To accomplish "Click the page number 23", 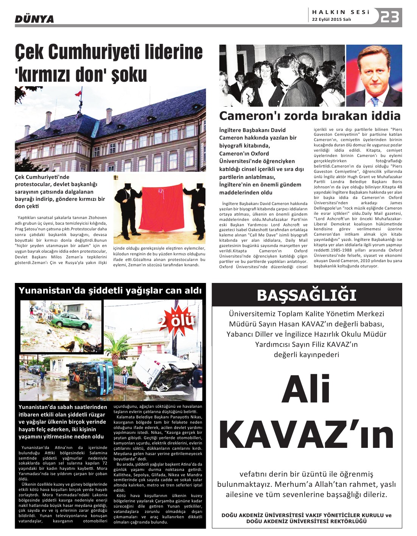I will (x=390, y=17).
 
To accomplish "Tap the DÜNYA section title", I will (x=34, y=19).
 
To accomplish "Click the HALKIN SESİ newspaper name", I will (x=341, y=12).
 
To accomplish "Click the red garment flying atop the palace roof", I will (x=79, y=92).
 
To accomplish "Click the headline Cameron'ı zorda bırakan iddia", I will (x=310, y=115).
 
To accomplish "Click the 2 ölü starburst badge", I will (x=177, y=320).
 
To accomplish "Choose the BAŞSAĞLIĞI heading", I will (x=307, y=295).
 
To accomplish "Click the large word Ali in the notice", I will (x=306, y=389).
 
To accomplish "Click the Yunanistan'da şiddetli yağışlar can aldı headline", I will (x=110, y=291).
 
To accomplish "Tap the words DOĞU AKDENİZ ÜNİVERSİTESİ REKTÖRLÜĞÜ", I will (x=307, y=521).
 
